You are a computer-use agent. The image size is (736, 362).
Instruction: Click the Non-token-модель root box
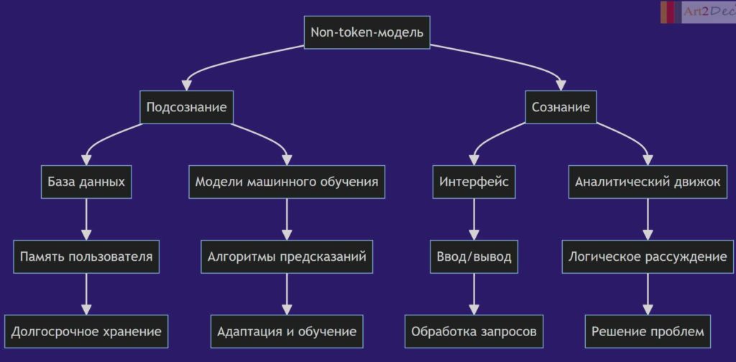point(367,32)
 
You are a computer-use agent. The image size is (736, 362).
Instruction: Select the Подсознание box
point(186,107)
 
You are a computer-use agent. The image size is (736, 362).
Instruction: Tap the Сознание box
point(561,107)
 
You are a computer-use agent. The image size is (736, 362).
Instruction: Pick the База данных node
point(86,182)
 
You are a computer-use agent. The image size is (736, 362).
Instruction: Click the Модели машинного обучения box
point(287,182)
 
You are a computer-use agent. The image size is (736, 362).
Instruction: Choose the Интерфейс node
point(474,182)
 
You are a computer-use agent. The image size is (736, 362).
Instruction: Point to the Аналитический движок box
point(648,182)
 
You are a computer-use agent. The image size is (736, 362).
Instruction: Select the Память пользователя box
point(86,256)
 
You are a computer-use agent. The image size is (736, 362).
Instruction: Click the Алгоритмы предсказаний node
point(287,256)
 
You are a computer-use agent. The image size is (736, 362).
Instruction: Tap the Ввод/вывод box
point(474,256)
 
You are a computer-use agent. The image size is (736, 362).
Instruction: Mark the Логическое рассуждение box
point(648,256)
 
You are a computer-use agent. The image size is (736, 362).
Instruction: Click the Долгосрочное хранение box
point(86,332)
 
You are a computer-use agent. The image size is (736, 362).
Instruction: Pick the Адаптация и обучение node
point(287,332)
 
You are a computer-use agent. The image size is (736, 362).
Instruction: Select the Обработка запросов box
point(474,332)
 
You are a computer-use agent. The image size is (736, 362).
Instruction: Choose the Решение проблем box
point(648,332)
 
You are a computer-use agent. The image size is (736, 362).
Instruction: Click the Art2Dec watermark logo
point(698,11)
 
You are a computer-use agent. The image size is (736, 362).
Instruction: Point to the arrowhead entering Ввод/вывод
point(474,234)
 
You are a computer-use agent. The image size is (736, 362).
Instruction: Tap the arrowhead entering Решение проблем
point(648,310)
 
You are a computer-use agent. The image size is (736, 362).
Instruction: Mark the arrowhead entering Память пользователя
point(86,234)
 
